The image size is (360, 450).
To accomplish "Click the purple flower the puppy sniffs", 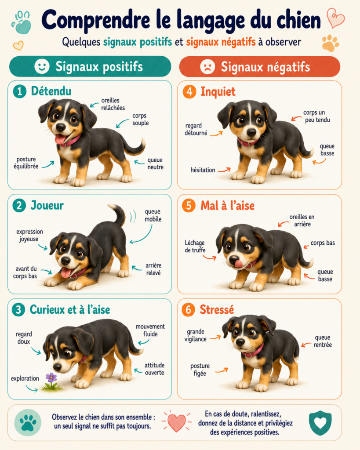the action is [51, 377].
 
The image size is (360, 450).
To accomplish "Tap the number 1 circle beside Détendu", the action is [19, 91].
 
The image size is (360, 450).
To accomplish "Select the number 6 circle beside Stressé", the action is [188, 310].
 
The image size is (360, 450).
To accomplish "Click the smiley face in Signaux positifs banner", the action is [42, 66].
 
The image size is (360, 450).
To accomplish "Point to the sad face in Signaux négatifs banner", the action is [207, 67].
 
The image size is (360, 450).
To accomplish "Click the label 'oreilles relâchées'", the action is [113, 104].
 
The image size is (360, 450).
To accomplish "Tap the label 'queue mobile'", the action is [153, 215].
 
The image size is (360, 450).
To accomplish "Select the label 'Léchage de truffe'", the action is [195, 246].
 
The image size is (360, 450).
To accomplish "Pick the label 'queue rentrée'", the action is [323, 341].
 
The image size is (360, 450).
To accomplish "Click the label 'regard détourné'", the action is [196, 129].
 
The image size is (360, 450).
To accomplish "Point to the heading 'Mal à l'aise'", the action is [227, 206].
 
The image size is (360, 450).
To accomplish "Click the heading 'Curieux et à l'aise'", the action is [70, 310].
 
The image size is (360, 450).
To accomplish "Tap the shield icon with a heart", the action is [320, 422].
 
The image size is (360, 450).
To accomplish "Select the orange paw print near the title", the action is [330, 43].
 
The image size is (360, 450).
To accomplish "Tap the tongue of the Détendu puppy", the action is [60, 139].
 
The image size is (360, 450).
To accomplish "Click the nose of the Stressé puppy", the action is [240, 342].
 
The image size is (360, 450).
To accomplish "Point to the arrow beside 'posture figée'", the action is [222, 370].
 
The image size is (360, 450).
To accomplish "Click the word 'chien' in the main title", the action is [298, 20].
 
